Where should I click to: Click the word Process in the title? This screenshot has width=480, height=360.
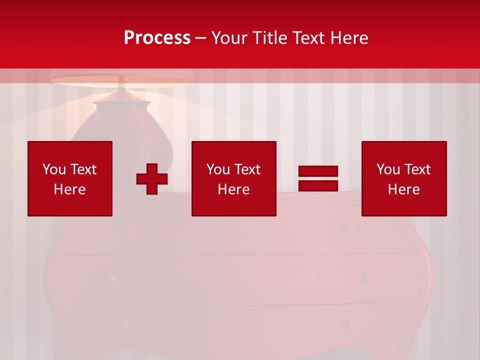tap(157, 38)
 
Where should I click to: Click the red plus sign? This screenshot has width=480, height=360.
tap(152, 179)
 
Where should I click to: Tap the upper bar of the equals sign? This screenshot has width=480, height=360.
tap(318, 171)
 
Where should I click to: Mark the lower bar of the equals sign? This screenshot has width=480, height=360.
tap(318, 185)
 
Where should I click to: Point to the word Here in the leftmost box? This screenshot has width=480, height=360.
tap(70, 189)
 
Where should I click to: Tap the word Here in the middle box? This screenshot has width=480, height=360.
tap(233, 189)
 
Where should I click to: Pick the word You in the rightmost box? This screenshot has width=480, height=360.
tap(388, 169)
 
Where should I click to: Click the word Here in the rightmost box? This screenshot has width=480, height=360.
tap(404, 189)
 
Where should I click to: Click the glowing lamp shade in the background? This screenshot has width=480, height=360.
tap(121, 80)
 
